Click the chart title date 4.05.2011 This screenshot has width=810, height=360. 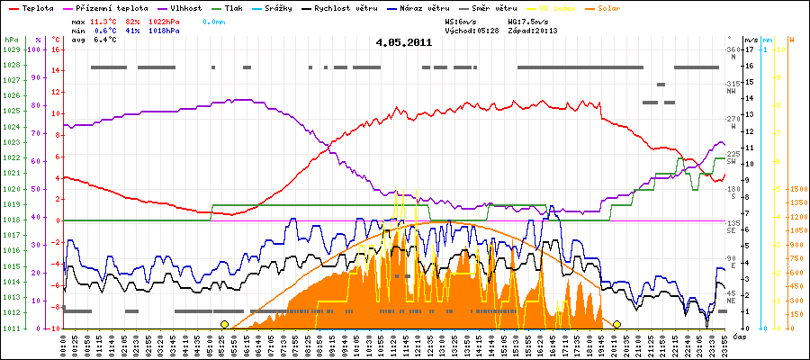pyautogui.click(x=404, y=42)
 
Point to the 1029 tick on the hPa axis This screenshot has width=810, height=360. pyautogui.click(x=11, y=50)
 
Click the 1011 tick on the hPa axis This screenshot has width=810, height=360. pyautogui.click(x=11, y=328)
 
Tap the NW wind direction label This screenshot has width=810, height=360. pyautogui.click(x=732, y=93)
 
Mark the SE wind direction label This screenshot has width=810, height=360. pyautogui.click(x=732, y=229)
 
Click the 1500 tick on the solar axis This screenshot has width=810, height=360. pyautogui.click(x=796, y=190)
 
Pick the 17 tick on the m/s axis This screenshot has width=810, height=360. pyautogui.click(x=749, y=50)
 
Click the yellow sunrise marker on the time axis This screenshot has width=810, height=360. pyautogui.click(x=224, y=324)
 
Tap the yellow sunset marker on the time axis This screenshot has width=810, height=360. pyautogui.click(x=617, y=324)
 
